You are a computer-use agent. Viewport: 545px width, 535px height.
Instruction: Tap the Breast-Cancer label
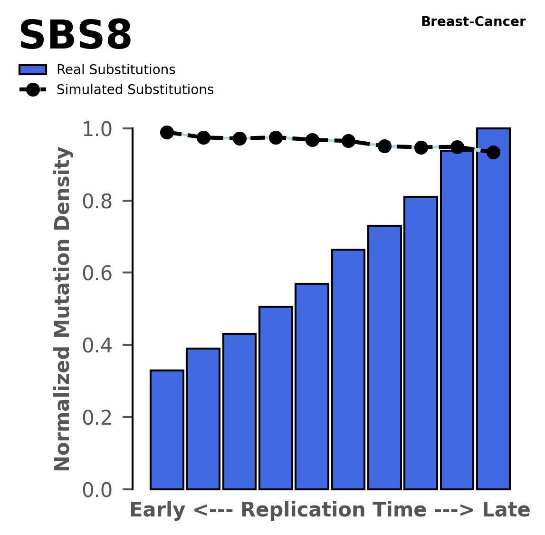click(x=473, y=22)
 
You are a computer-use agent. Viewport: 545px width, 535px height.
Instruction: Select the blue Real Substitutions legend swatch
click(x=33, y=70)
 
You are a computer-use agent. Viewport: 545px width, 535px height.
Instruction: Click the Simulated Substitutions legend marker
click(x=33, y=90)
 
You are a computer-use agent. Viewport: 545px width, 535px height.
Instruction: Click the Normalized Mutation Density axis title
click(x=63, y=309)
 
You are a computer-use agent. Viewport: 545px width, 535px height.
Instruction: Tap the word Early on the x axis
click(x=157, y=511)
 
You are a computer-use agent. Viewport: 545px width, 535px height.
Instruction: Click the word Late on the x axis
click(x=506, y=511)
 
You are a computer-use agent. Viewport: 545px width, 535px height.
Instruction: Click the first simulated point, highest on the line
click(x=167, y=132)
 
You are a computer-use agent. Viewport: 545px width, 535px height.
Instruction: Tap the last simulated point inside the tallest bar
click(x=493, y=152)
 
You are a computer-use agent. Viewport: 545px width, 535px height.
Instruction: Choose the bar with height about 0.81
click(x=421, y=342)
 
